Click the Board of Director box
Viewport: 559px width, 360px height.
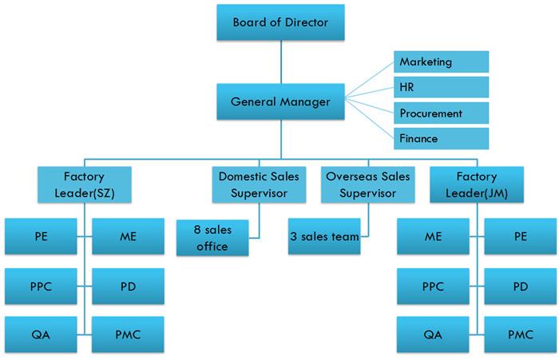[280, 22]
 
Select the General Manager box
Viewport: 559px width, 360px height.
[280, 101]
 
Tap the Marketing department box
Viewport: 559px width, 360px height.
[441, 61]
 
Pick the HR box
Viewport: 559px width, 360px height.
[441, 87]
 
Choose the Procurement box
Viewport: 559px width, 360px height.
[441, 113]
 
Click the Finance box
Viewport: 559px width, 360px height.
[441, 138]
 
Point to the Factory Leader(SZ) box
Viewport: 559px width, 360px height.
[85, 184]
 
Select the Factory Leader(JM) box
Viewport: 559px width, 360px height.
[477, 184]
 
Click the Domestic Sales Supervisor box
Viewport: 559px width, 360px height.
[259, 184]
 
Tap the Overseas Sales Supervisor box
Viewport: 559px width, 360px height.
[368, 184]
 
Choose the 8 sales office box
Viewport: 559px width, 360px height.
[212, 238]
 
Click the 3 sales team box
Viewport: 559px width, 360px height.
[324, 236]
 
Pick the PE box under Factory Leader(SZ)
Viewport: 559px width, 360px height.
[41, 236]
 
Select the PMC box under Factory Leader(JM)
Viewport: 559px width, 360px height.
[520, 334]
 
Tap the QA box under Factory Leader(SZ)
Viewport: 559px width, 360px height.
[41, 334]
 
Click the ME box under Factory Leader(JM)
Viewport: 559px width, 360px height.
[433, 236]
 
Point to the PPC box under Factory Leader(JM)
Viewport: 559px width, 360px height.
[433, 287]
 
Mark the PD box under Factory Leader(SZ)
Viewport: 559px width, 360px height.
[128, 287]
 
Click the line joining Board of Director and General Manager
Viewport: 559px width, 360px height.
[281, 62]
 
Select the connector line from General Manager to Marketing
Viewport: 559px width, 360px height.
[369, 80]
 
